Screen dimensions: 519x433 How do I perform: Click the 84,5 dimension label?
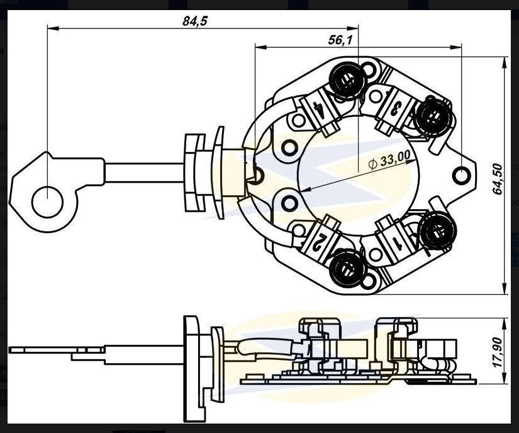pyautogui.click(x=195, y=21)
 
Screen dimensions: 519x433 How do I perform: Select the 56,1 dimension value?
pyautogui.click(x=340, y=40)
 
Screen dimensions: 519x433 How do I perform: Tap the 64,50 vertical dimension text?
pyautogui.click(x=498, y=180)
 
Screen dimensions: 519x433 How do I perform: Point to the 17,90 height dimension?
pyautogui.click(x=498, y=352)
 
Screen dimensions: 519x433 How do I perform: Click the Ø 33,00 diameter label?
pyautogui.click(x=389, y=160)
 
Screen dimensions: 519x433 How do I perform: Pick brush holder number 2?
pyautogui.click(x=318, y=242)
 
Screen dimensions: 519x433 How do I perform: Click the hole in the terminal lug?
pyautogui.click(x=47, y=202)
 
